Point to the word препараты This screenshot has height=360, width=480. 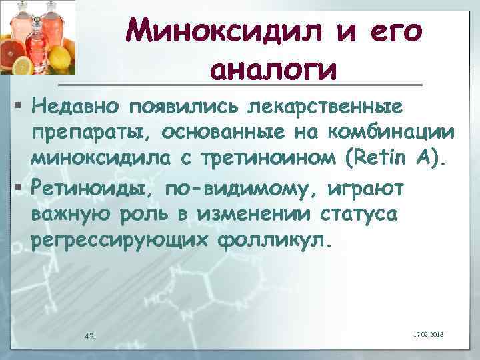tap(88, 133)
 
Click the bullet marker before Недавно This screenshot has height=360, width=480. tap(19, 105)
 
